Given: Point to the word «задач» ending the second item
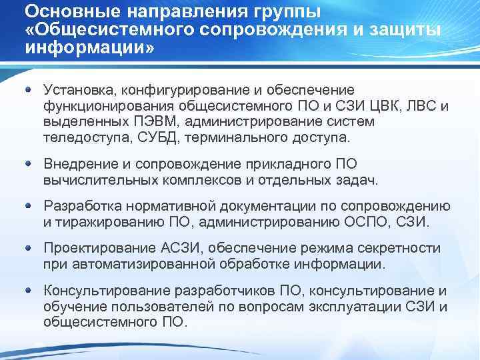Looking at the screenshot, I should pos(358,179).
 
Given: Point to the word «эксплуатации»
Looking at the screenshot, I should pos(345,307).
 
